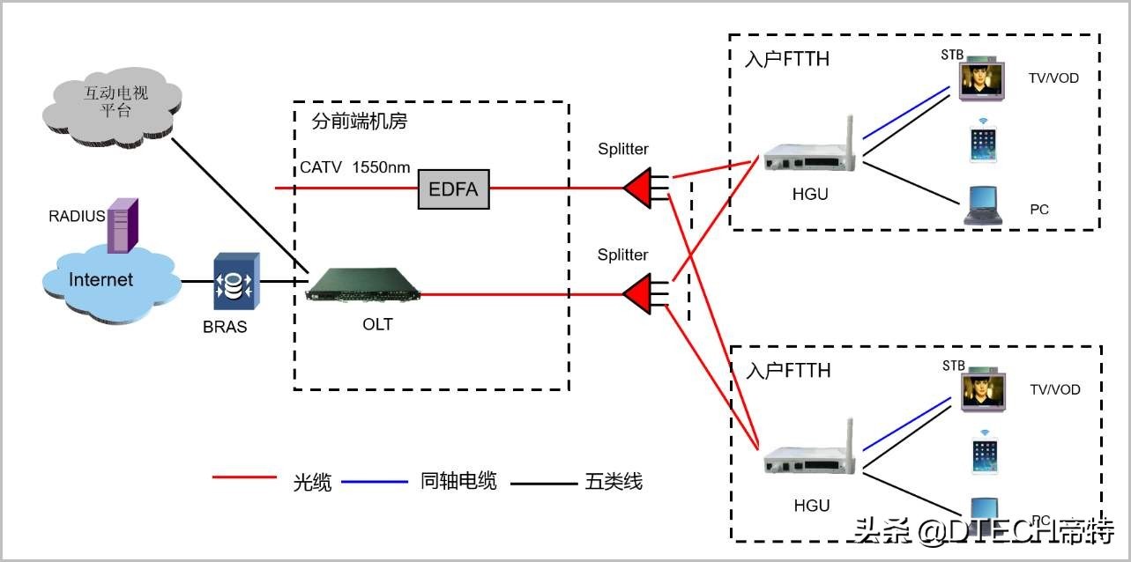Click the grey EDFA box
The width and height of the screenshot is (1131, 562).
point(453,188)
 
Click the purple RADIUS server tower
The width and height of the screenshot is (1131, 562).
point(123,225)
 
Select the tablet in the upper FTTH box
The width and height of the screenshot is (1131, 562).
point(986,144)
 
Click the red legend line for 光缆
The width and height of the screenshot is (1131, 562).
point(244,478)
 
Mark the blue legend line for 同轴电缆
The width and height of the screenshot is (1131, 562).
point(374,481)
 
